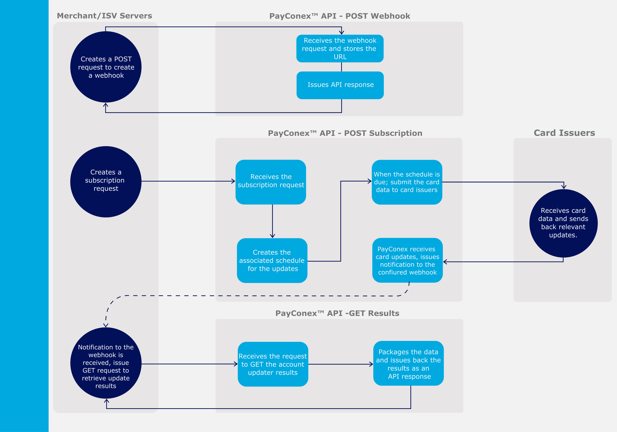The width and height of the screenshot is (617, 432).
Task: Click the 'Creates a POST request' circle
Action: (x=106, y=67)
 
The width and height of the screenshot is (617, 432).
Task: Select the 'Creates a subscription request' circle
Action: (x=106, y=182)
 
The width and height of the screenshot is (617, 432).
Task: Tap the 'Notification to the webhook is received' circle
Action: (x=106, y=363)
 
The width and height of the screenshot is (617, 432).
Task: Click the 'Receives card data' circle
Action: (x=563, y=223)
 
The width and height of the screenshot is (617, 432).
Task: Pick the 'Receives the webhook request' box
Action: (x=340, y=48)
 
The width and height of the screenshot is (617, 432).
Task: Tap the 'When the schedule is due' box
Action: (x=407, y=182)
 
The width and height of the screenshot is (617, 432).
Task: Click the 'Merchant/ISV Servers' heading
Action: (x=105, y=16)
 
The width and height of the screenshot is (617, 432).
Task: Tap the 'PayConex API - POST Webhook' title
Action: (x=340, y=16)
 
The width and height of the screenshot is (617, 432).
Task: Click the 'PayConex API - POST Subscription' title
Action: (x=345, y=133)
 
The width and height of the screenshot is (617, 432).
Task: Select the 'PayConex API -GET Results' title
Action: (x=337, y=313)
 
